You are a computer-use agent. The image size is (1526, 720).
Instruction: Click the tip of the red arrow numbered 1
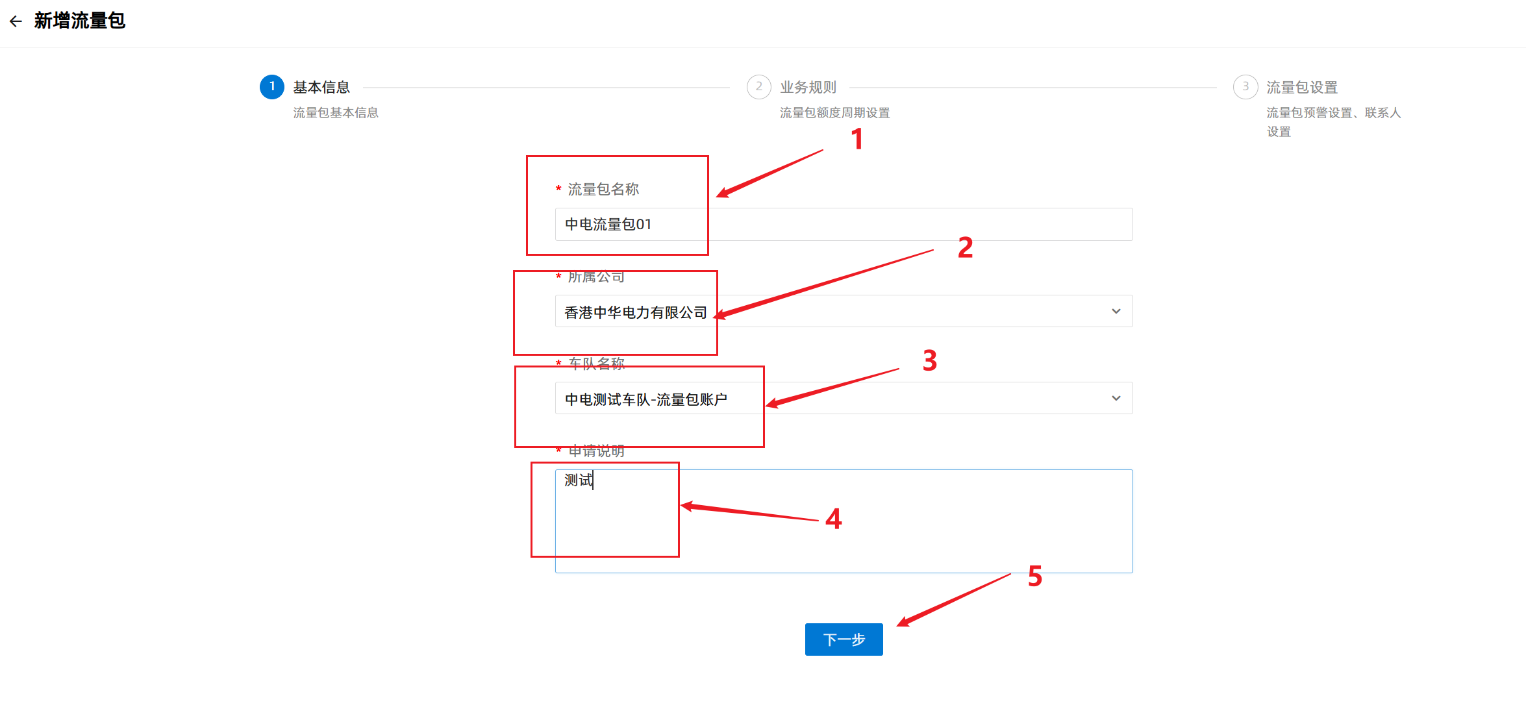click(717, 196)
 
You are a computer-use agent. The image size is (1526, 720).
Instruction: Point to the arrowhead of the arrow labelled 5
click(897, 626)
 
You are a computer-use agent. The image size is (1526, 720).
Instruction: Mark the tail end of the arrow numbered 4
click(818, 520)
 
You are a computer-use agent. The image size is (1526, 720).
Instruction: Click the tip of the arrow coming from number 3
click(766, 406)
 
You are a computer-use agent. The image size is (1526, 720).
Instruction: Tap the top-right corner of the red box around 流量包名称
click(708, 156)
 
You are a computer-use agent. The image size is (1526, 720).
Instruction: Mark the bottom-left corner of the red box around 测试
click(532, 556)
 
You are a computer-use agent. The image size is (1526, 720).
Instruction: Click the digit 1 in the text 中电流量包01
click(647, 225)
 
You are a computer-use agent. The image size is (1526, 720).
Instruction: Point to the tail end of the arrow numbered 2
click(933, 250)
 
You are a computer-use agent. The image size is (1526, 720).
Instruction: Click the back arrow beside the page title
click(16, 21)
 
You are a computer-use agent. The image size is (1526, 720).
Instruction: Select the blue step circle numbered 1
click(272, 87)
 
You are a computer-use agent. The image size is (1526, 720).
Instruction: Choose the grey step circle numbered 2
click(758, 87)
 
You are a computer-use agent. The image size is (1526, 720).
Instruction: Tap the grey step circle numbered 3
click(1245, 87)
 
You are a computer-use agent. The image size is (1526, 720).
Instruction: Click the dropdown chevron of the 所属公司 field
click(1116, 312)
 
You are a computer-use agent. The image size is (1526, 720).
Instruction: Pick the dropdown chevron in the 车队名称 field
click(1116, 398)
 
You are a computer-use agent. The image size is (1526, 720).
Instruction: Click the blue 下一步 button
click(844, 639)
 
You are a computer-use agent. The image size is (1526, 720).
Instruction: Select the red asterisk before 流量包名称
click(558, 189)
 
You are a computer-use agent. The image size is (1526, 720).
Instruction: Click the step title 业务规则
click(808, 87)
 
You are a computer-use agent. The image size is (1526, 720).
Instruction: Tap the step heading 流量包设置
click(1302, 87)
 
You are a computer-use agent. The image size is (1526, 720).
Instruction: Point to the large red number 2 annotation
click(966, 247)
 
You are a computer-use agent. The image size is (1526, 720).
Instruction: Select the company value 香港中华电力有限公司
click(636, 312)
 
